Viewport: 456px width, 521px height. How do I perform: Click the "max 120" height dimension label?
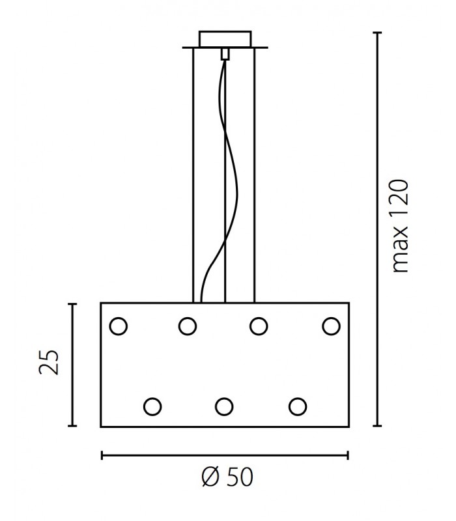[x=400, y=227]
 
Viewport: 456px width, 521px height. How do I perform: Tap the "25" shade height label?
[x=49, y=362]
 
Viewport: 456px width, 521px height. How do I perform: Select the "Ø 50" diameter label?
[x=227, y=477]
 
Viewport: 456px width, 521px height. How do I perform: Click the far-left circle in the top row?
[x=119, y=326]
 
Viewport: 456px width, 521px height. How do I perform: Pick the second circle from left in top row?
[x=188, y=326]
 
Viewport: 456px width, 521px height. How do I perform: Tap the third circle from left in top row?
[x=259, y=326]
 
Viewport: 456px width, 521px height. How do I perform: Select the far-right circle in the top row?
[x=331, y=326]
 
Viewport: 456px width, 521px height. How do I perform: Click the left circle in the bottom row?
[x=152, y=406]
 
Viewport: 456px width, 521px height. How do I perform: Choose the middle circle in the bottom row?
[x=224, y=406]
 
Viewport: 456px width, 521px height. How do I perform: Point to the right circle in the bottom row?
[x=298, y=406]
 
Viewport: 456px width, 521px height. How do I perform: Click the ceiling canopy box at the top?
[x=225, y=39]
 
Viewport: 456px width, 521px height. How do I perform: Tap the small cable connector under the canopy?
[x=225, y=54]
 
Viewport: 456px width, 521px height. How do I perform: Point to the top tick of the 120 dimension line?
[x=377, y=33]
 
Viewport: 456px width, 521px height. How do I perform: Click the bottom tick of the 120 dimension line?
[x=377, y=425]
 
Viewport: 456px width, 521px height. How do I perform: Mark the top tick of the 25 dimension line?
[x=72, y=303]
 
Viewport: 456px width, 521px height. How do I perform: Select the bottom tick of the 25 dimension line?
[x=72, y=425]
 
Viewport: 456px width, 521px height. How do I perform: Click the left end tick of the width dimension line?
[x=102, y=455]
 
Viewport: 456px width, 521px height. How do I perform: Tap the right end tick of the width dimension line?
[x=348, y=455]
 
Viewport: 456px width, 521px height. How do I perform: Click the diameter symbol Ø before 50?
[x=210, y=477]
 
